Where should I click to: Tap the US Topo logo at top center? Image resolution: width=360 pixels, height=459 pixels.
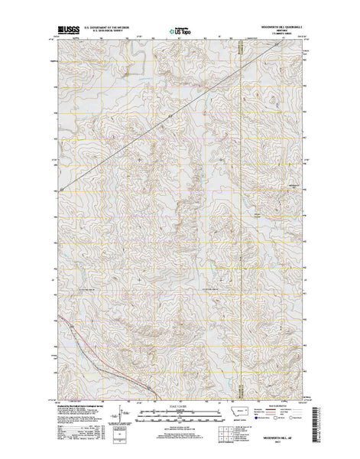click(x=180, y=34)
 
